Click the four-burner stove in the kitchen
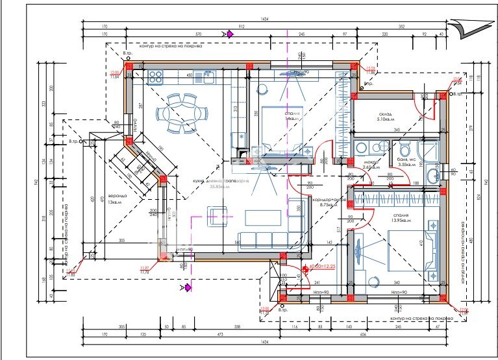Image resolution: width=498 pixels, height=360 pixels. [155, 77]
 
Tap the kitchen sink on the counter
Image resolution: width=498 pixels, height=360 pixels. [209, 77]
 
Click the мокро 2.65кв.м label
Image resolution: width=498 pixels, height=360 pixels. [371, 165]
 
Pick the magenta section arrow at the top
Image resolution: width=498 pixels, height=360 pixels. [229, 34]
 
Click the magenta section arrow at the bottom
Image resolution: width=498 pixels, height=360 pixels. [188, 286]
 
